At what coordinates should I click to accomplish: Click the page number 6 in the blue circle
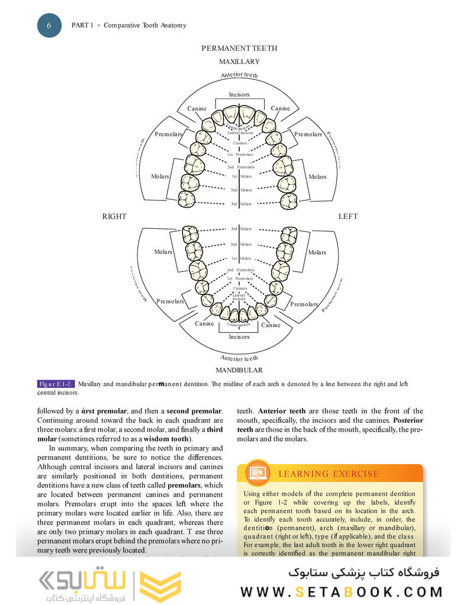49,25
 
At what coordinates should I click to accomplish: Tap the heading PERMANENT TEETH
239,48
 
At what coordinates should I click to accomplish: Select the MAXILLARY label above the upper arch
239,62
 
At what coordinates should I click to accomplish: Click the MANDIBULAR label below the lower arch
239,370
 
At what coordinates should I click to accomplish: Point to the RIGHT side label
114,216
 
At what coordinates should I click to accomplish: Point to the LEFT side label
348,216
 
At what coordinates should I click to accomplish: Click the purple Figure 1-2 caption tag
56,384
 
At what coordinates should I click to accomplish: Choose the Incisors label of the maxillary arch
239,95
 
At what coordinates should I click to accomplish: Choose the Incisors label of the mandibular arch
239,337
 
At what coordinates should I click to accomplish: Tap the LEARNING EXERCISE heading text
328,474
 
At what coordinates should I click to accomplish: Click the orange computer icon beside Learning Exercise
258,473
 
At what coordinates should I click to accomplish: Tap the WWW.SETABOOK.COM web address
342,591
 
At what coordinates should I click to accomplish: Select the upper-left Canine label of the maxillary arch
197,108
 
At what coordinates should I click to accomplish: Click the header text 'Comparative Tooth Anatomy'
145,25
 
